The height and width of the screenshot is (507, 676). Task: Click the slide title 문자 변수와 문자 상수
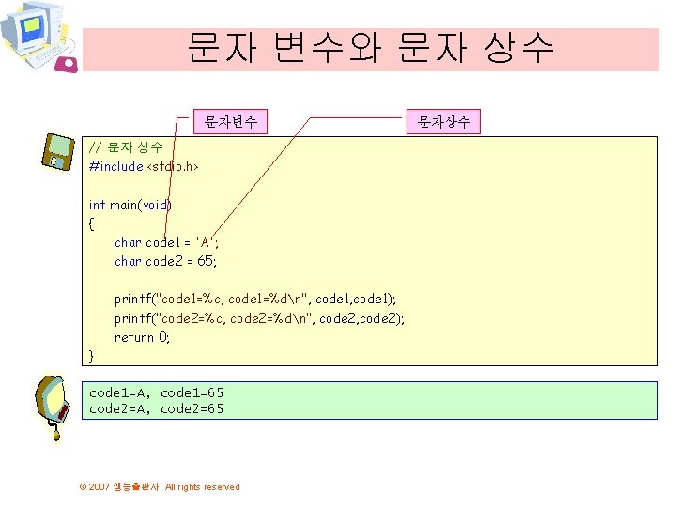click(371, 47)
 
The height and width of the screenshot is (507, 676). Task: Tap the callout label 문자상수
click(444, 121)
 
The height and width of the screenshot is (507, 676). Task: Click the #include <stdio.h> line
click(144, 166)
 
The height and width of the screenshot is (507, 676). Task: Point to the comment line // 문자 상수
click(126, 147)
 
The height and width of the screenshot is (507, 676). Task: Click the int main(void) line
click(131, 204)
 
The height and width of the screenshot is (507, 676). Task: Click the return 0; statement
click(143, 337)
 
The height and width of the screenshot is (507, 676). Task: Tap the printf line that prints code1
click(255, 299)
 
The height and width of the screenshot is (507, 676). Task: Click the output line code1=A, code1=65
click(157, 392)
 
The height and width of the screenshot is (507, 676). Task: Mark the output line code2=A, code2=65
click(157, 408)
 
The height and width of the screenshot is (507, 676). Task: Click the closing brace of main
click(91, 356)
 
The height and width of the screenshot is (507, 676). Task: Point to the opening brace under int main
click(91, 223)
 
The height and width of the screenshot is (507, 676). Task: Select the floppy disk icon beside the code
click(57, 151)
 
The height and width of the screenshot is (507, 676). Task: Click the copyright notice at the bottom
click(160, 486)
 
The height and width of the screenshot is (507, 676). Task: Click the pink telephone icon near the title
click(68, 63)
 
